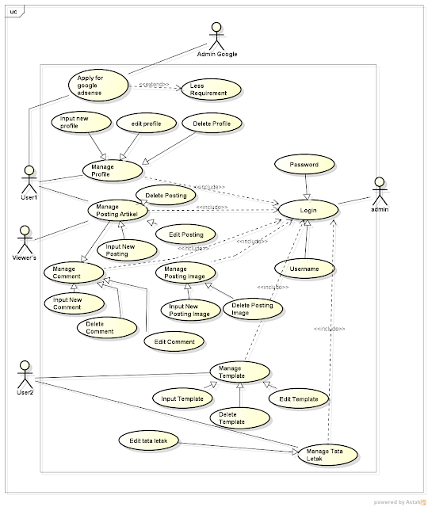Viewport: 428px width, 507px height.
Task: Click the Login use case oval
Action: [x=308, y=210]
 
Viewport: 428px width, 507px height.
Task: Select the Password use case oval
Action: [x=304, y=165]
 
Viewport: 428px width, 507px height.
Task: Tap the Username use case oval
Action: [x=304, y=269]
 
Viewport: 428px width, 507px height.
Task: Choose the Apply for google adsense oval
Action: [x=97, y=84]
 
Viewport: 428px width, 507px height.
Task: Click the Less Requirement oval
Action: [x=209, y=89]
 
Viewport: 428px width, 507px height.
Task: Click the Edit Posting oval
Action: [x=185, y=234]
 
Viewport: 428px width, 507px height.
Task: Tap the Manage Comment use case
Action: [x=75, y=273]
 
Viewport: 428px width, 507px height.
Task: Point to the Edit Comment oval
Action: [x=174, y=341]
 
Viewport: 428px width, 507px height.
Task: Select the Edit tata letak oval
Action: [x=149, y=440]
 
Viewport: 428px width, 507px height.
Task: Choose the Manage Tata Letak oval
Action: [x=326, y=455]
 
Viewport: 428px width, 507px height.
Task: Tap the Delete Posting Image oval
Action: [x=252, y=309]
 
